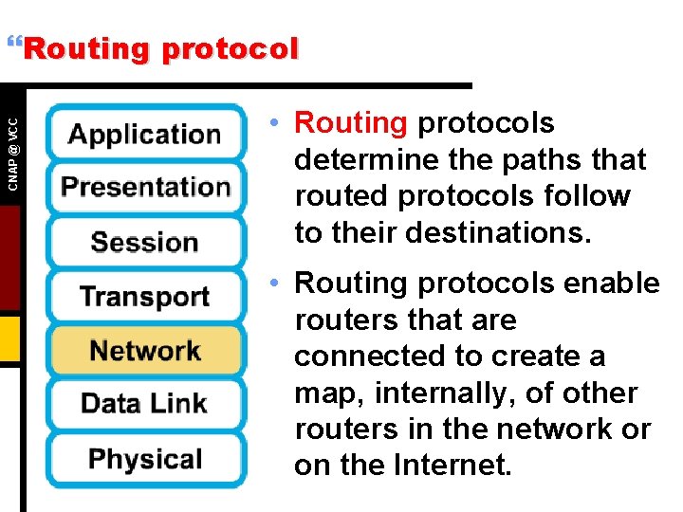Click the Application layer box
[x=145, y=134]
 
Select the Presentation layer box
[x=145, y=187]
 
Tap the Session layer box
[x=145, y=242]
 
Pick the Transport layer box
[x=145, y=296]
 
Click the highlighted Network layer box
[x=145, y=350]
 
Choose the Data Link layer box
[x=145, y=404]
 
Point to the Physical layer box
[x=145, y=459]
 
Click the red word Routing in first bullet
[x=351, y=123]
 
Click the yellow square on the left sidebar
[x=9, y=338]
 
